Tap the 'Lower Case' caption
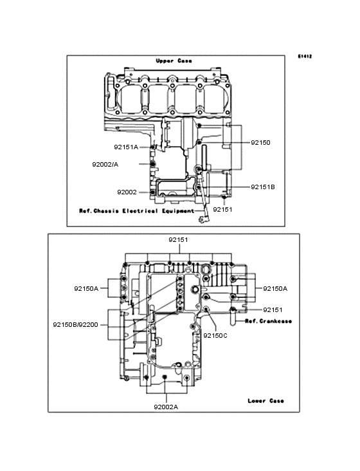(x=265, y=401)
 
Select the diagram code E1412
(x=305, y=56)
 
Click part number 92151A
(x=126, y=147)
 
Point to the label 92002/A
(x=105, y=165)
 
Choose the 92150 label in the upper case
(x=260, y=143)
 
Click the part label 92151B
(x=263, y=187)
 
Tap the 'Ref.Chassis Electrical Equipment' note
(x=137, y=211)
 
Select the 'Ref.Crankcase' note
(x=269, y=321)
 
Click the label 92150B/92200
(x=76, y=325)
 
